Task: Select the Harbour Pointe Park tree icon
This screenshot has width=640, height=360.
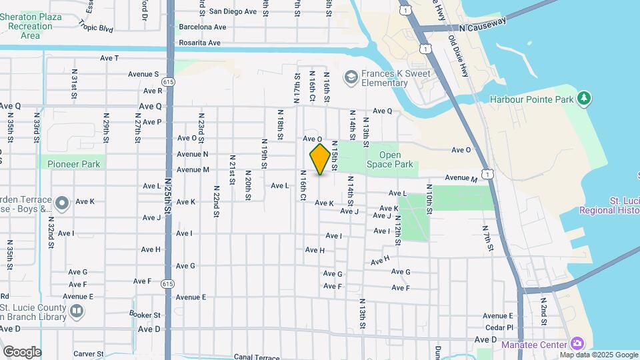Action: click(585, 99)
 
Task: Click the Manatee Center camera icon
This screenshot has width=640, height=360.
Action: click(577, 344)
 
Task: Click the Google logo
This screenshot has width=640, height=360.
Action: click(22, 352)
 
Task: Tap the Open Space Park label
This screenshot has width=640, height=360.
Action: click(391, 160)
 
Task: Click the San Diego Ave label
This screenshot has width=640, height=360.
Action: click(233, 11)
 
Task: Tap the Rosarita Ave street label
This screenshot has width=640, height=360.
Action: click(199, 43)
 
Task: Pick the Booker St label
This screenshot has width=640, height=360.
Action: click(146, 315)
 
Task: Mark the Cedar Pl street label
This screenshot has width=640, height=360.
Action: click(499, 327)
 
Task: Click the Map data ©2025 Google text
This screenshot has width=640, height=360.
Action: click(599, 354)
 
